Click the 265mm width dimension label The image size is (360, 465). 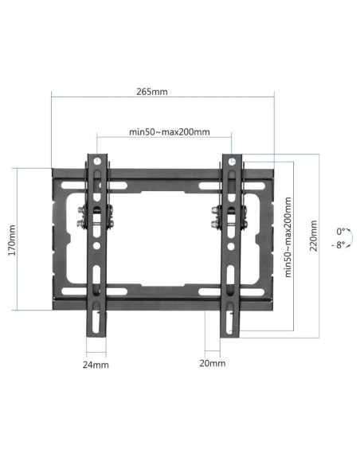151,91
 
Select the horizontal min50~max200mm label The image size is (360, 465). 169,131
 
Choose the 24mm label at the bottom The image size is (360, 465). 95,364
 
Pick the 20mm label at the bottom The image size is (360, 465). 213,363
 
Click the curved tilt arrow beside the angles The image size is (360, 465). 351,238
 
